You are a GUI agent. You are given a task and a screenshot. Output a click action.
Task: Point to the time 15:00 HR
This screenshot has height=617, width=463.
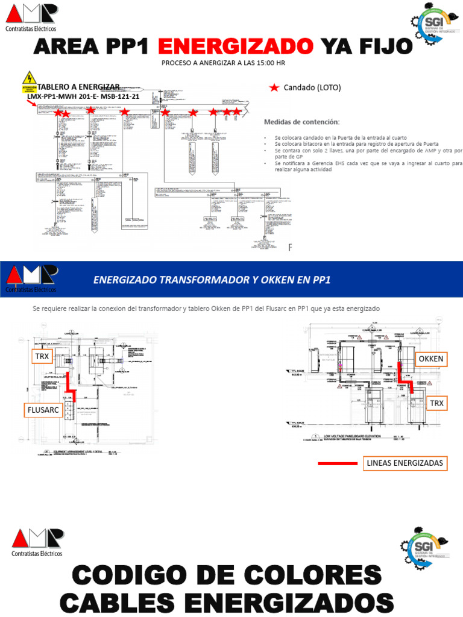coord(268,63)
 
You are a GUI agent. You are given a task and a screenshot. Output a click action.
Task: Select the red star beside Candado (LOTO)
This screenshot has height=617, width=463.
coord(274,88)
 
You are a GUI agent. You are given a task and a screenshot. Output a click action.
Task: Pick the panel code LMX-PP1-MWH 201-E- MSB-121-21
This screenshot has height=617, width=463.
coord(83,96)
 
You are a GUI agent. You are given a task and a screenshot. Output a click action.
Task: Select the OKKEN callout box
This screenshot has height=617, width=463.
coord(430,359)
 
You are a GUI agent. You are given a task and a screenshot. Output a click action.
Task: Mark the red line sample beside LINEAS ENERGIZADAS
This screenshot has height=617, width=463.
coord(337,463)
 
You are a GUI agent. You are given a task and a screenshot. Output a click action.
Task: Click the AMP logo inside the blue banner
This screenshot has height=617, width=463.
coord(31,278)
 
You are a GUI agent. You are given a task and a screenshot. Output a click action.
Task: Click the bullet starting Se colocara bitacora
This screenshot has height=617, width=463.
coord(356,145)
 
